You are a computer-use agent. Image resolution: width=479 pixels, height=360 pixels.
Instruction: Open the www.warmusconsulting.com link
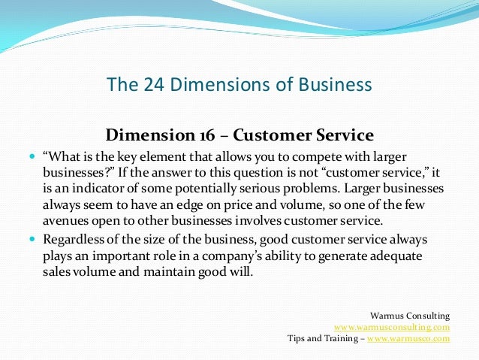pos(392,327)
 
